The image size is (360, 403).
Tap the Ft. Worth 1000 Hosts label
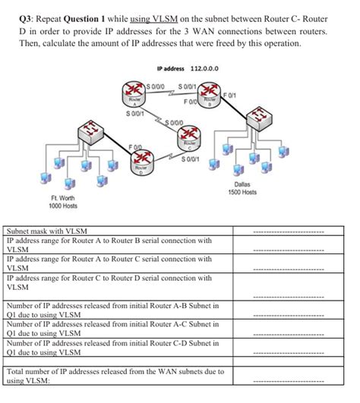(61, 202)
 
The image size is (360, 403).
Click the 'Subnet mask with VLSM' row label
(47, 231)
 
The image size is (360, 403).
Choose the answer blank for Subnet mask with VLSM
(288, 232)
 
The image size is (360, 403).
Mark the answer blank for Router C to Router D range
(288, 288)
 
